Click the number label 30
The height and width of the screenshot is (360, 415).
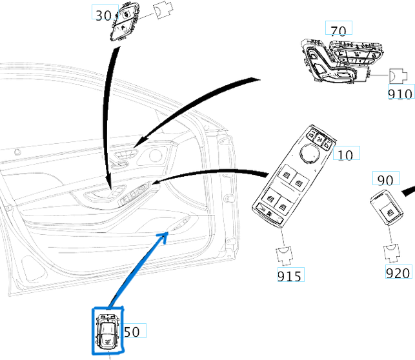tap(103, 15)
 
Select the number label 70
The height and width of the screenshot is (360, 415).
tap(338, 30)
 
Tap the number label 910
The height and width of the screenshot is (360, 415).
tap(400, 94)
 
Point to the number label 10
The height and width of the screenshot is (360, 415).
tap(346, 155)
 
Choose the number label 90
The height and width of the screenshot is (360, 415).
tap(385, 180)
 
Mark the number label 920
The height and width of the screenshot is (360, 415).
tap(398, 273)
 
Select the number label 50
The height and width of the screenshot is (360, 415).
tap(132, 332)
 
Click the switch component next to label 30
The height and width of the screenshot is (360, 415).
tap(125, 23)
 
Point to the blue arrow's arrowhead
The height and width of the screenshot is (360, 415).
tap(165, 234)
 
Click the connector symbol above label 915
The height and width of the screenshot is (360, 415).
tap(285, 255)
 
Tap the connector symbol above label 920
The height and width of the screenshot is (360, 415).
tap(392, 254)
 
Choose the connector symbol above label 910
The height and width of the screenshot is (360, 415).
tap(397, 76)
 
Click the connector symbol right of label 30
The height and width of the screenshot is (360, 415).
tap(164, 11)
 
